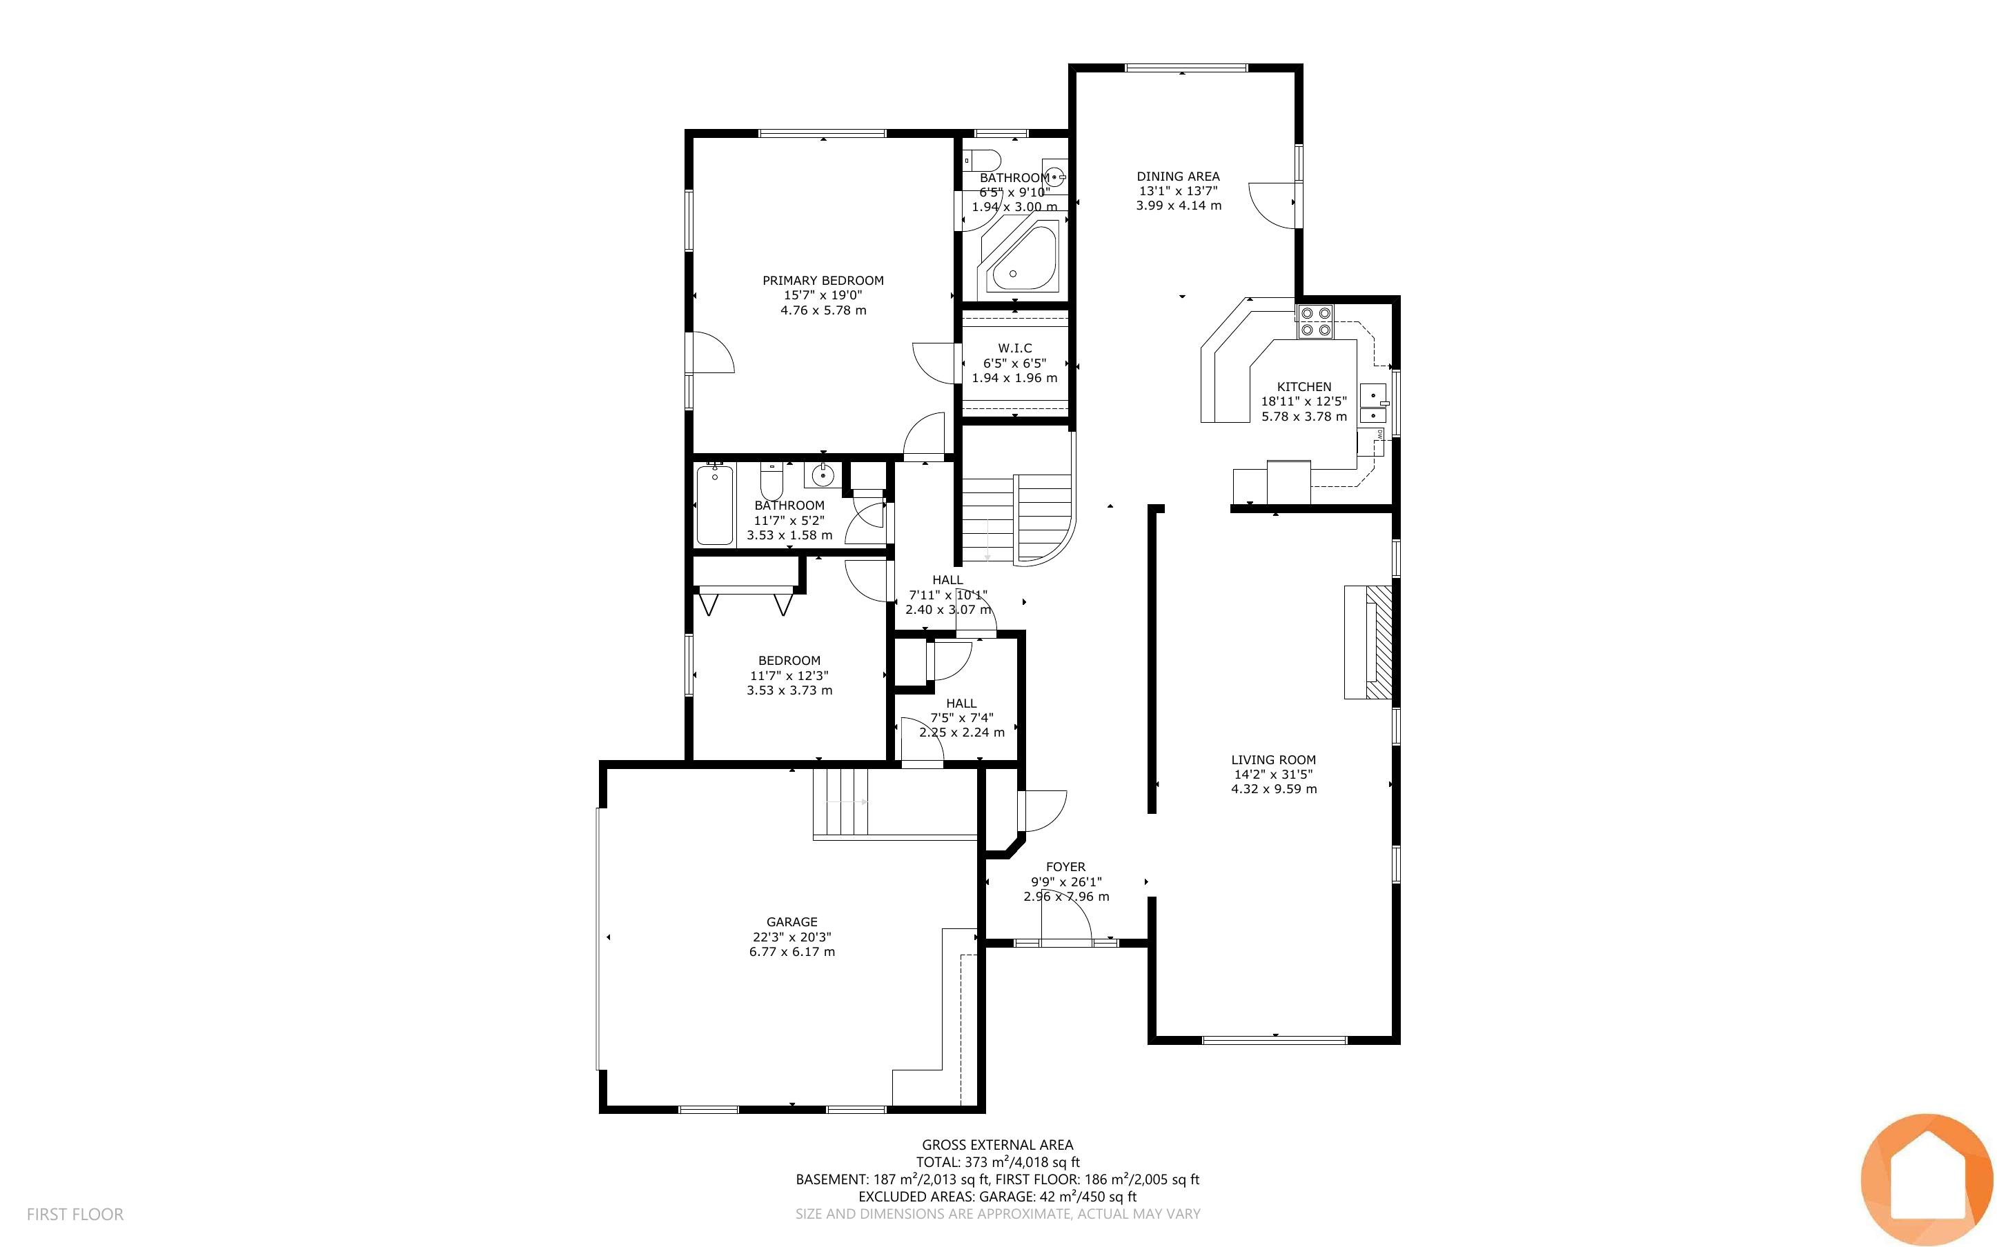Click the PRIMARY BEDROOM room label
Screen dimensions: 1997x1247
823,281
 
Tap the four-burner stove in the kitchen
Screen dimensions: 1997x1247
1315,321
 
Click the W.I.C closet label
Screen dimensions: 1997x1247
1014,348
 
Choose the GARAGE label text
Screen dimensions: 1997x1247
792,922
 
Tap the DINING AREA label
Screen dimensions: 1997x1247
1178,176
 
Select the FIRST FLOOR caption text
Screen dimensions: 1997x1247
75,1214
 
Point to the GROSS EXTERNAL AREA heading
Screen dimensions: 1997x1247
997,1145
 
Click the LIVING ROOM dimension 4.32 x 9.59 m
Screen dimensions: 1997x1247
1274,789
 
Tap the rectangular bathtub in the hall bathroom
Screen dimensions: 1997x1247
714,504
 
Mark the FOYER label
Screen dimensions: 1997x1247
1065,867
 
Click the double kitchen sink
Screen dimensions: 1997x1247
1373,404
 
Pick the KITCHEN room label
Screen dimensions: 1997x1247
1304,387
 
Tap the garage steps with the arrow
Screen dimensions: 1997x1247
840,801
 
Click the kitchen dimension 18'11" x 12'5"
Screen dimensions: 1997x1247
1304,401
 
